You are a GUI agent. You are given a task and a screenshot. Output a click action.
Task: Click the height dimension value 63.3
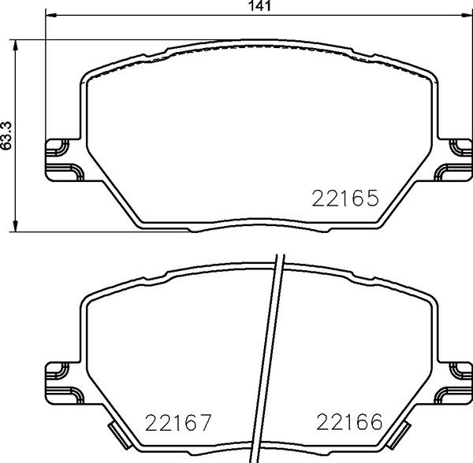[x=7, y=135]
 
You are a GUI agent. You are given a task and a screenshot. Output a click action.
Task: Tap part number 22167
[x=178, y=424]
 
